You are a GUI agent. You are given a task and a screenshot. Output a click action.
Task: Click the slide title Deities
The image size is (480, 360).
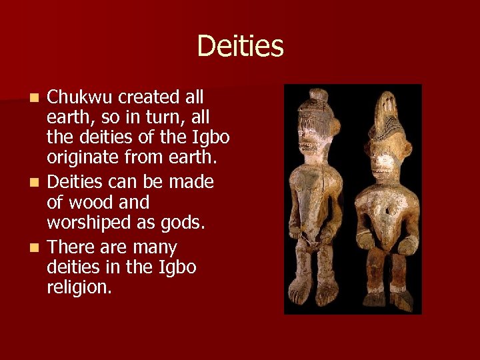click(x=240, y=47)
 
